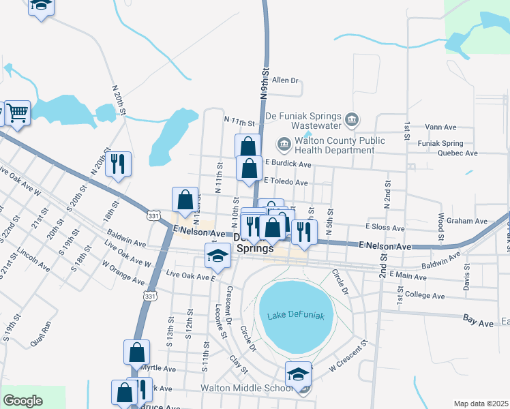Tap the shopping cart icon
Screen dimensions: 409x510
pos(17,112)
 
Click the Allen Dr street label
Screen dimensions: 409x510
pos(286,80)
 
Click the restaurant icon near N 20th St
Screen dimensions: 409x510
pos(119,164)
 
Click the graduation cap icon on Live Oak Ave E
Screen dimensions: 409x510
pos(217,256)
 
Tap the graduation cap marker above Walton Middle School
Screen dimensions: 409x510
pos(298,374)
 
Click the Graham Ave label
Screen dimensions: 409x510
pos(467,221)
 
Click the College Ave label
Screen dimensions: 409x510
pos(424,296)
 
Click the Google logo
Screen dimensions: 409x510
pos(22,401)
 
